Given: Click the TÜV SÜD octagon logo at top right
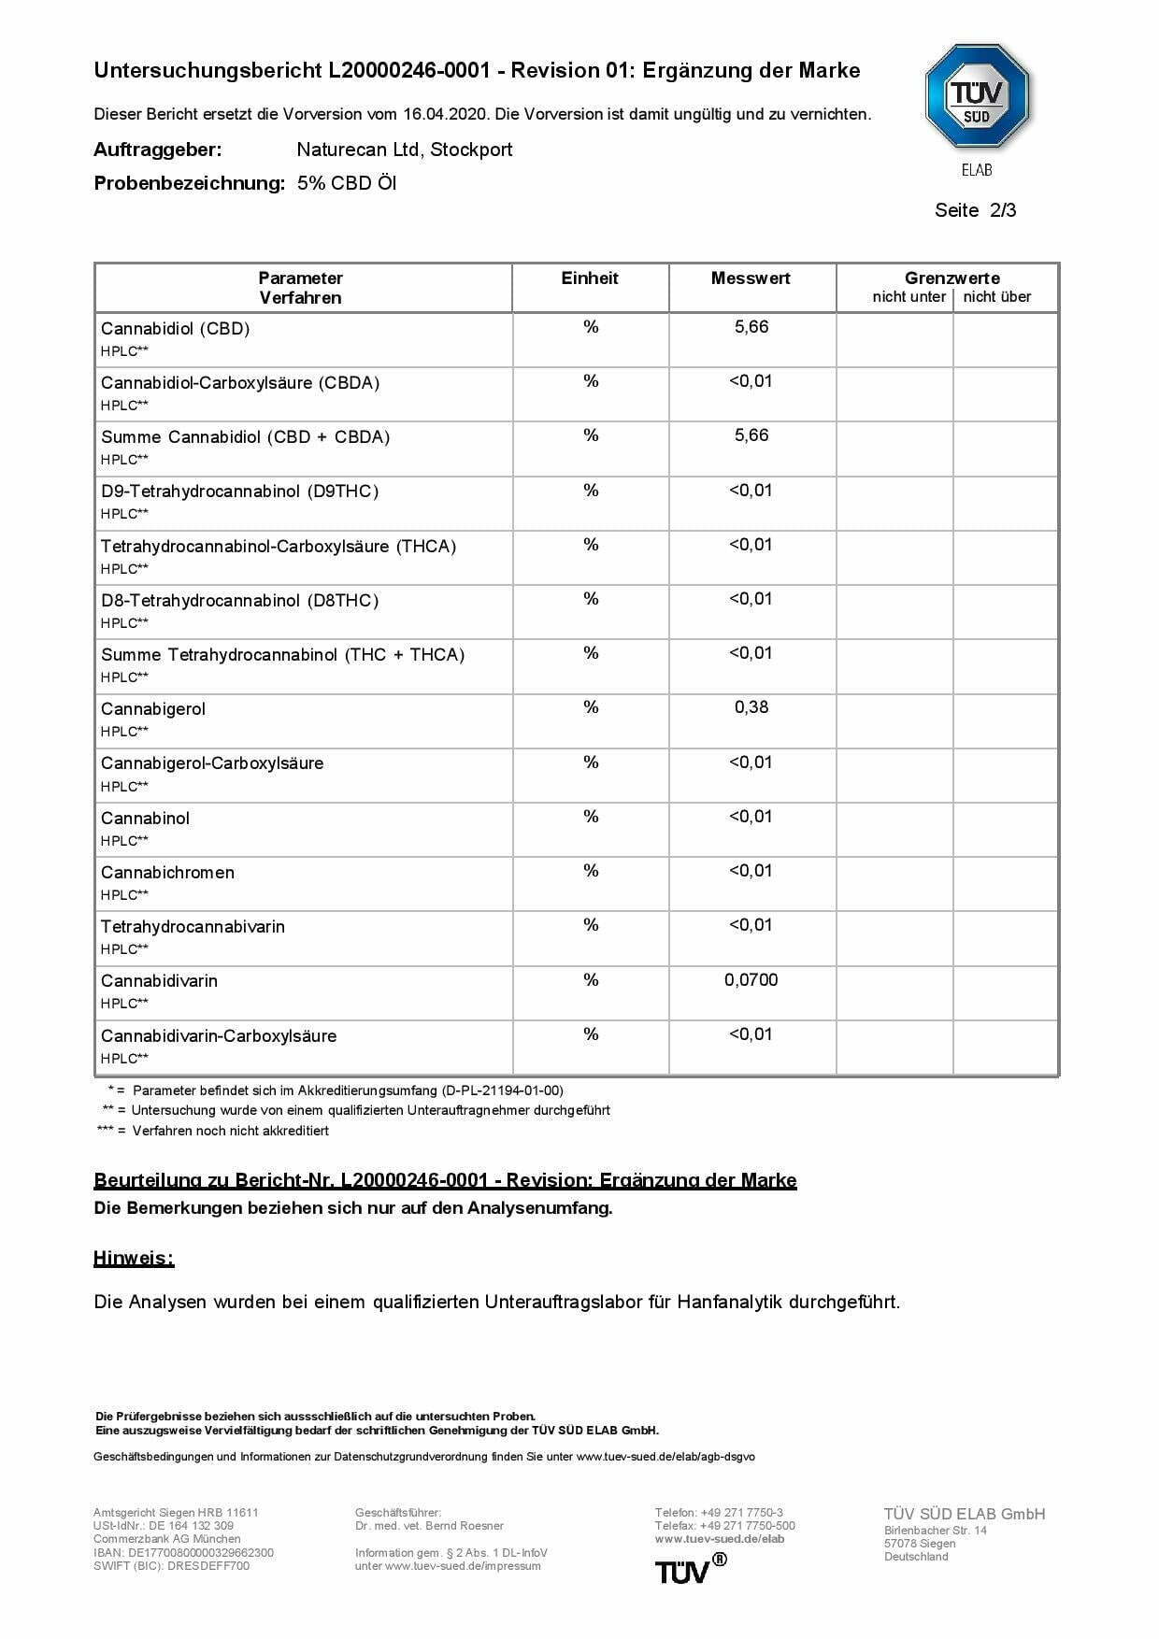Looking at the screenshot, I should pyautogui.click(x=977, y=96).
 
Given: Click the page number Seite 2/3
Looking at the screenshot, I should pyautogui.click(x=975, y=210).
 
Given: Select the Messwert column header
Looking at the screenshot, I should pyautogui.click(x=751, y=278).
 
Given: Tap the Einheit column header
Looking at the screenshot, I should pyautogui.click(x=590, y=278).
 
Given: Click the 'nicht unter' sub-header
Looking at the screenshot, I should pyautogui.click(x=909, y=297).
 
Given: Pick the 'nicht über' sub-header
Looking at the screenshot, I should pyautogui.click(x=997, y=297).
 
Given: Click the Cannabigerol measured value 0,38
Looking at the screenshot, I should pyautogui.click(x=751, y=707).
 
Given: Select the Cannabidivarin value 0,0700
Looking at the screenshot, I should pyautogui.click(x=751, y=980).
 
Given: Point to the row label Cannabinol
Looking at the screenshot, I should pyautogui.click(x=145, y=819).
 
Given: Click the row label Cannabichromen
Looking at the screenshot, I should pyautogui.click(x=167, y=873).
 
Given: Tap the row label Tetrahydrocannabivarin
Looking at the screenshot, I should pyautogui.click(x=193, y=927).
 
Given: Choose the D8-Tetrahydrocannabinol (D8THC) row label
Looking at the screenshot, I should pyautogui.click(x=239, y=601).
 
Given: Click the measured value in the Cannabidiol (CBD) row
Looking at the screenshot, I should pyautogui.click(x=751, y=327).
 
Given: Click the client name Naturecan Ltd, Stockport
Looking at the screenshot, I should pyautogui.click(x=404, y=150).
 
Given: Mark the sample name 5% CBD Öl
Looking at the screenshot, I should pyautogui.click(x=347, y=183).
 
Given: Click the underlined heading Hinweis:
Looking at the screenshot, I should pyautogui.click(x=134, y=1259).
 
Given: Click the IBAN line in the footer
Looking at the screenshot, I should pyautogui.click(x=183, y=1552).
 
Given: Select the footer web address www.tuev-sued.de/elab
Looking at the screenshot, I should pyautogui.click(x=719, y=1538).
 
